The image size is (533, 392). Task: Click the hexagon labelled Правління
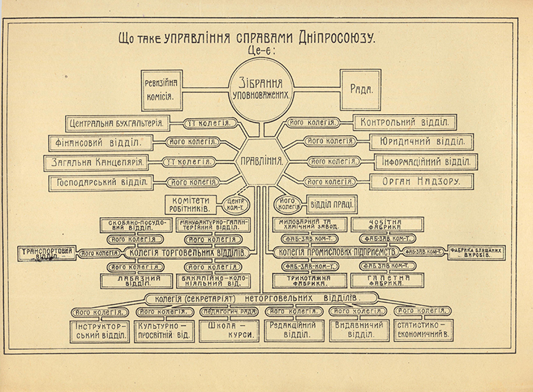pos(262,160)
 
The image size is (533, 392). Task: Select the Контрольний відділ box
pos(404,123)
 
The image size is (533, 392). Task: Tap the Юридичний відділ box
pos(421,142)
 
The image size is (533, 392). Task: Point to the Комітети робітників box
pos(192,204)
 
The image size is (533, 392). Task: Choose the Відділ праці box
pos(332,205)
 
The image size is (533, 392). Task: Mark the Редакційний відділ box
pos(295,330)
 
